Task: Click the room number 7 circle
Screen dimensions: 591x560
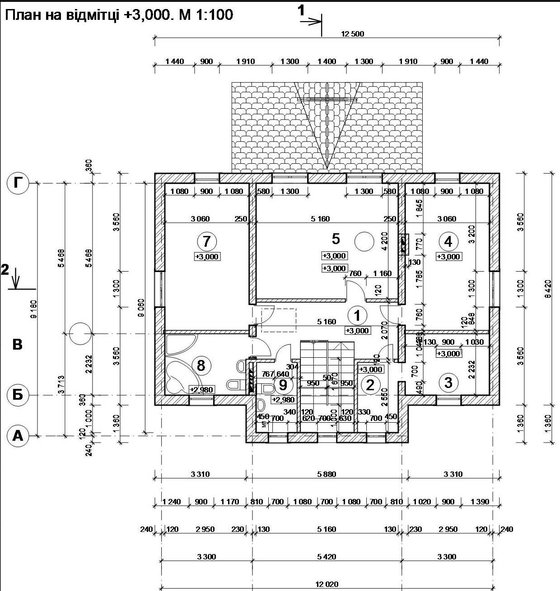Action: click(x=206, y=241)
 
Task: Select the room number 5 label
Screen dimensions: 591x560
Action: click(x=336, y=238)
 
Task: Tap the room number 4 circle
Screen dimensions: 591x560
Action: click(x=448, y=241)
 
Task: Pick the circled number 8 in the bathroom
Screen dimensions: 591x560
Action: click(x=201, y=365)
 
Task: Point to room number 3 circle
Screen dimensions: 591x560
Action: click(x=448, y=383)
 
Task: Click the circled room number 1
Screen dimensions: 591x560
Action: click(x=358, y=316)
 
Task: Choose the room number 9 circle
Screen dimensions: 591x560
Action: click(x=283, y=385)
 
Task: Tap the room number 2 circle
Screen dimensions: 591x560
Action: click(x=370, y=385)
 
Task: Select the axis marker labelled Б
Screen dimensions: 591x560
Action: click(x=17, y=395)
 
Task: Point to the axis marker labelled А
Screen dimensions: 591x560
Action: click(x=18, y=436)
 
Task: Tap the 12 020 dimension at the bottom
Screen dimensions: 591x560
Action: click(x=327, y=584)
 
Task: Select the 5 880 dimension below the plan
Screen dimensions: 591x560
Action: click(x=327, y=474)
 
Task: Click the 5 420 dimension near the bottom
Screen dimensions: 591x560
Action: click(x=327, y=557)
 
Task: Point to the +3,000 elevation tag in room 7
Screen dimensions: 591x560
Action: click(x=207, y=257)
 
